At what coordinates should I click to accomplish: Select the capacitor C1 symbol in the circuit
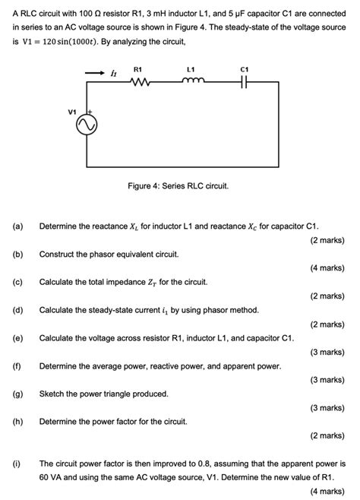point(244,83)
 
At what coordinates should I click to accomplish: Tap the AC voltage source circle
point(87,124)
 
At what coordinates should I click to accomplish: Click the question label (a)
point(17,226)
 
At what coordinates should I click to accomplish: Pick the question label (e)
point(17,337)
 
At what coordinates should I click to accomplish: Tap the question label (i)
point(16,462)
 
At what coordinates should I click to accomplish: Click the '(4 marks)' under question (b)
point(327,267)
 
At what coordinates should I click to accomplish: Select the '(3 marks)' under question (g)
point(327,407)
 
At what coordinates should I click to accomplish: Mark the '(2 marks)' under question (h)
point(327,435)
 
